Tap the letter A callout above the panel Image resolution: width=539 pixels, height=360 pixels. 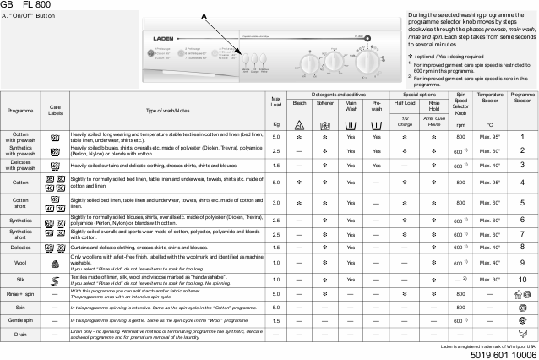coord(204,16)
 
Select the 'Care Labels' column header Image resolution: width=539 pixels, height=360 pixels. coord(55,111)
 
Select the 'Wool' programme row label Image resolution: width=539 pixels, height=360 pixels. coord(20,262)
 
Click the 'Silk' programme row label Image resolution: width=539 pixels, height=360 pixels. coord(20,278)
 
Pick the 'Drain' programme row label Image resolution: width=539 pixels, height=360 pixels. coord(20,335)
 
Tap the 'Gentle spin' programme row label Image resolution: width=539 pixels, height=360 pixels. coord(20,321)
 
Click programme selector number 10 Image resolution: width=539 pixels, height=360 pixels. coord(522,278)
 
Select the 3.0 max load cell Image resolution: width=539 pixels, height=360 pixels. coord(276,204)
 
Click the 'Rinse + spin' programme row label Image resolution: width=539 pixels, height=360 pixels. coord(20,293)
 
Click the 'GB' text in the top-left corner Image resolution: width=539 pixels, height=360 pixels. coord(7,5)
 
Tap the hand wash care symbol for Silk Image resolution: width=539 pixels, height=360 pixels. coord(55,278)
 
